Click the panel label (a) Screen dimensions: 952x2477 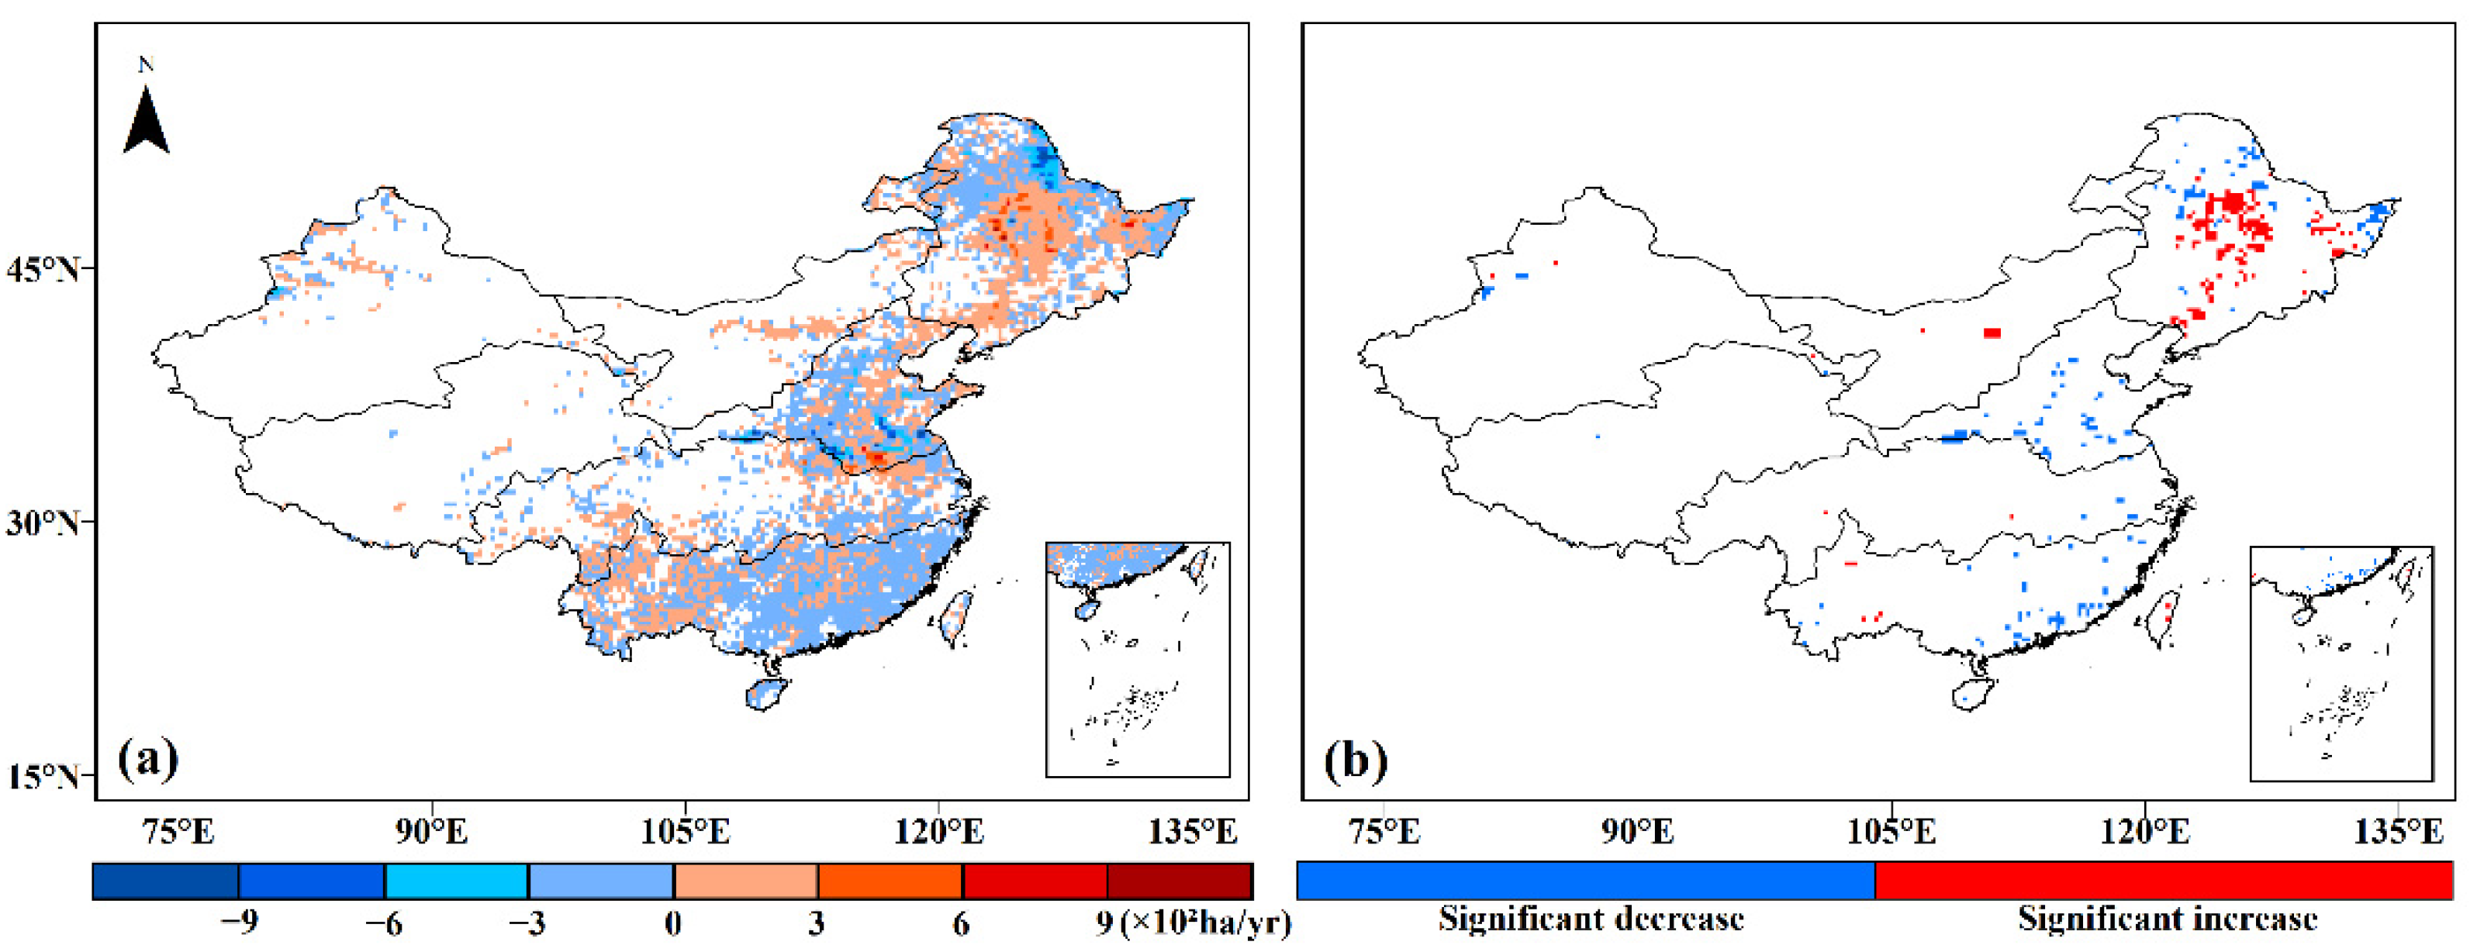148,759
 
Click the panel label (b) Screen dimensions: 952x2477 1355,761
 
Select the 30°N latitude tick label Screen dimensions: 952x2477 44,523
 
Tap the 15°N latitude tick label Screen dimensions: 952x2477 44,776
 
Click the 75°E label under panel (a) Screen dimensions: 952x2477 179,831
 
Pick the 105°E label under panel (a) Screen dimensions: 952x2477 685,831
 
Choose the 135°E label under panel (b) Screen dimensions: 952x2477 2397,831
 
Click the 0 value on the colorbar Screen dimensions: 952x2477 673,923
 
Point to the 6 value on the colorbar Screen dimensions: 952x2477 962,923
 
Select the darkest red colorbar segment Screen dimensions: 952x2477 1180,881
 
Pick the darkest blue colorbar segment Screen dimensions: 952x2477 165,881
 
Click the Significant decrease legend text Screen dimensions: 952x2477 1591,919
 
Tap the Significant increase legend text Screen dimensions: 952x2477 2168,919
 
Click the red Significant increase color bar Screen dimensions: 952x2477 2164,880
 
